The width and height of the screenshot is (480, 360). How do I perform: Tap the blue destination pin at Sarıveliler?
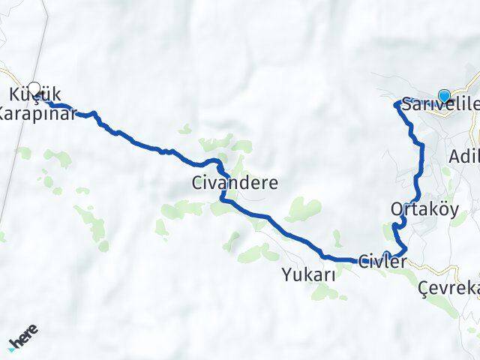444,95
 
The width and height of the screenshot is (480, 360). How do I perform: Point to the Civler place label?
382,262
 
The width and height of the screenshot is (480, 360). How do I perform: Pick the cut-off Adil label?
463,157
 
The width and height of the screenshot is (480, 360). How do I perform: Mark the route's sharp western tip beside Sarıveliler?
396,104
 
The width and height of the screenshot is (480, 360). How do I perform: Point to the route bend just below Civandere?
222,198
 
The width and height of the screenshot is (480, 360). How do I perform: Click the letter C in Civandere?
198,182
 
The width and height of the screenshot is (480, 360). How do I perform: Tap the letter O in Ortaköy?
396,209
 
